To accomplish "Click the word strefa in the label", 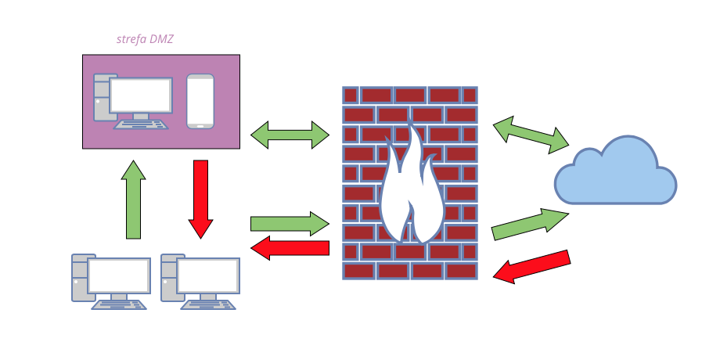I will (130, 38).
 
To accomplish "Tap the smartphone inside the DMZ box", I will (200, 101).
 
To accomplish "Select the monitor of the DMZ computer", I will (141, 95).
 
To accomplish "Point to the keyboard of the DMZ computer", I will (141, 124).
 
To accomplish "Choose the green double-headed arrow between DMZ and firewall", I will (290, 135).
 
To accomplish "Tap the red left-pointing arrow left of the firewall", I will (290, 248).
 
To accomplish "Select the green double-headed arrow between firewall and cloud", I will (531, 134).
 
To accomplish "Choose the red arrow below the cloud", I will (532, 266).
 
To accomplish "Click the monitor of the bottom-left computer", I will (119, 275).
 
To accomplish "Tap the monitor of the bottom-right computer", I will (208, 275).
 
